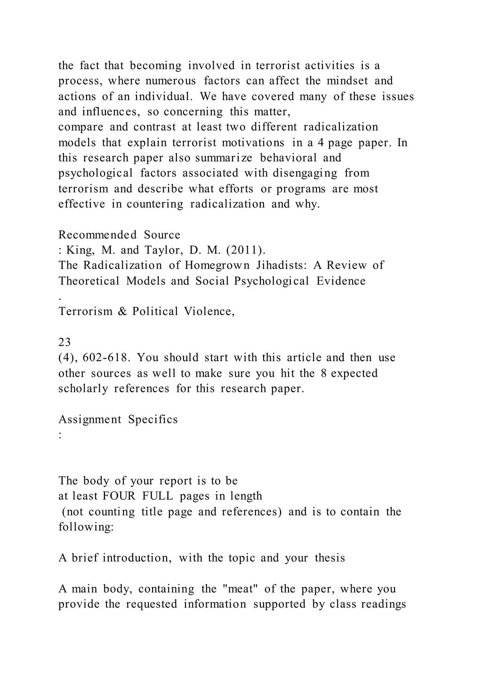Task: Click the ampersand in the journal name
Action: (122, 311)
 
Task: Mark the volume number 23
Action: (64, 342)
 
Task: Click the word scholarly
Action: (83, 388)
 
